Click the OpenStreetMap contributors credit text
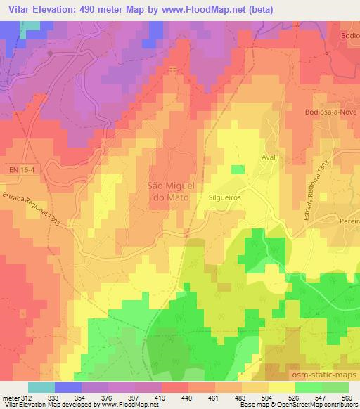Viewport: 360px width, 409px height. coord(314,404)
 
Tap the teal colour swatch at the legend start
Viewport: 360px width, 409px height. coord(41,387)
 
